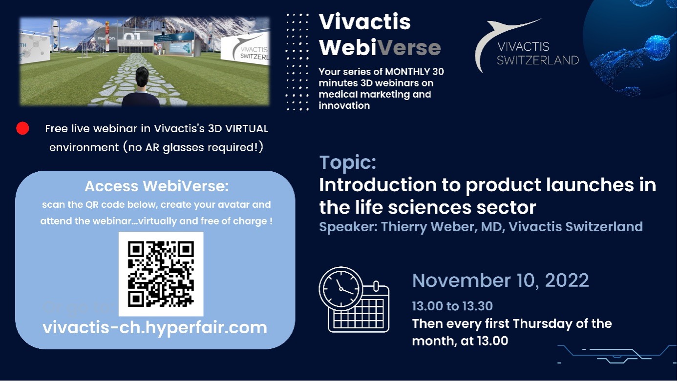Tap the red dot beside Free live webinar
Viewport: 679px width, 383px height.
pos(22,128)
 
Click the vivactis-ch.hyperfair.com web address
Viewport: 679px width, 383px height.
pos(155,328)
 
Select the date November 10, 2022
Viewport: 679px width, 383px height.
pos(500,281)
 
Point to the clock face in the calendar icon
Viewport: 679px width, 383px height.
pos(340,288)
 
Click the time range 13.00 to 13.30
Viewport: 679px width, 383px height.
pos(452,306)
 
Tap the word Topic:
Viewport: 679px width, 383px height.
pos(348,162)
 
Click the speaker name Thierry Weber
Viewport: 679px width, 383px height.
pos(427,227)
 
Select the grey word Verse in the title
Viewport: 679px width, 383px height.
pos(409,47)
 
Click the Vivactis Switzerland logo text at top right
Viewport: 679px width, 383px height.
pos(538,54)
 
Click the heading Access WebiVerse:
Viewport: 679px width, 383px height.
pos(156,186)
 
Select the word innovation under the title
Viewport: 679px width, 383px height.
pos(344,106)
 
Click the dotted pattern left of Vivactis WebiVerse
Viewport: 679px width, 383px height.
pos(297,62)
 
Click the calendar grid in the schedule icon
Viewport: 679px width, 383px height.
pos(359,314)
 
